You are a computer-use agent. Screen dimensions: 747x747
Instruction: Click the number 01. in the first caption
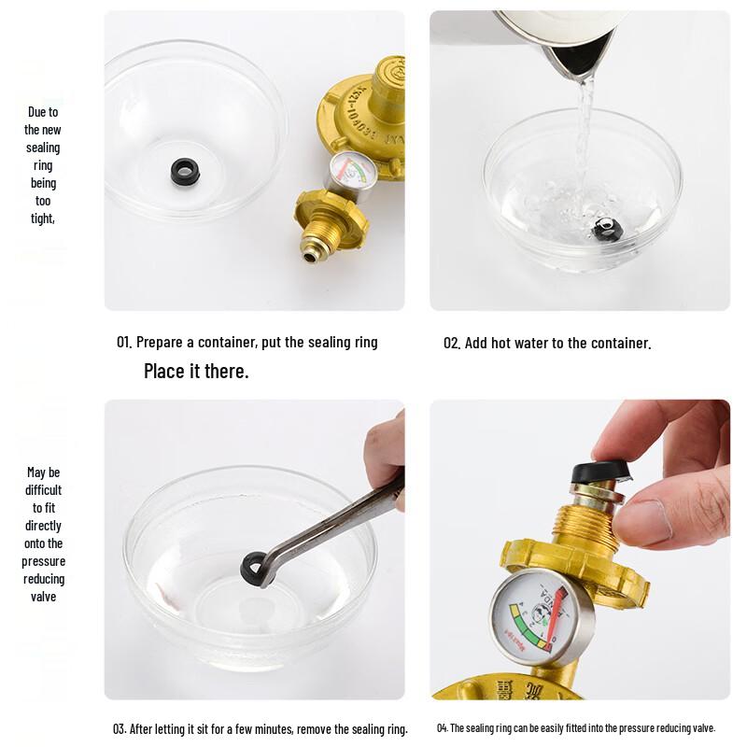124,343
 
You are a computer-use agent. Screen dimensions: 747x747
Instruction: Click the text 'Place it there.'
196,372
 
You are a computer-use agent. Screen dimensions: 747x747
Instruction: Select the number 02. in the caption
452,344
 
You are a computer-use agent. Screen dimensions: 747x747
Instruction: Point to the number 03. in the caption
120,729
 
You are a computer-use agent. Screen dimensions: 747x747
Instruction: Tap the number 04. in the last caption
442,728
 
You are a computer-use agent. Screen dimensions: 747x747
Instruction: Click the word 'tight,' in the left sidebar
42,218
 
